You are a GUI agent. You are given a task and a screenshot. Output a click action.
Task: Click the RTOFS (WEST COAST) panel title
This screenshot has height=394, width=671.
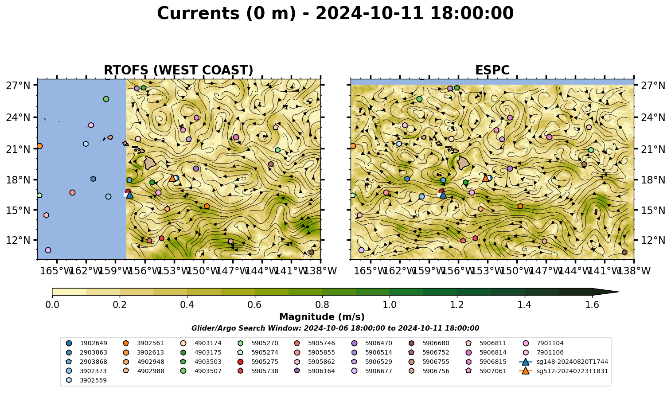tap(179, 70)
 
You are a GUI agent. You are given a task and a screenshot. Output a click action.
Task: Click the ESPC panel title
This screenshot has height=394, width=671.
tap(492, 70)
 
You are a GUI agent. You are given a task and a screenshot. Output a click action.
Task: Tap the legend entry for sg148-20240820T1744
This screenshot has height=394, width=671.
tap(563, 362)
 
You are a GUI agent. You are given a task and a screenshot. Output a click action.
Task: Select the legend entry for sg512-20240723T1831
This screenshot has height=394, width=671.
tap(563, 371)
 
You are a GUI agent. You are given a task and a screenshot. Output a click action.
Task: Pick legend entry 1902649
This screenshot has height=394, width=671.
tap(86, 343)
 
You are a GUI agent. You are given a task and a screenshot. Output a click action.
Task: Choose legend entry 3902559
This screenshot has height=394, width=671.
tap(86, 380)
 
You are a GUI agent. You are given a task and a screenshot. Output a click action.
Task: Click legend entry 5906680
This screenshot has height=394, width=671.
tap(429, 343)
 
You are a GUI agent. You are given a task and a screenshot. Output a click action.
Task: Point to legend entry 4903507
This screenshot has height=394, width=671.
tap(201, 371)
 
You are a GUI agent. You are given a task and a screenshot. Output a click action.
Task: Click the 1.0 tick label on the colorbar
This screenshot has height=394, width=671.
tap(390, 305)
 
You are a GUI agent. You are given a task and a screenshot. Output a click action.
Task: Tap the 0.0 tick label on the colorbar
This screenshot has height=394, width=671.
tap(52, 305)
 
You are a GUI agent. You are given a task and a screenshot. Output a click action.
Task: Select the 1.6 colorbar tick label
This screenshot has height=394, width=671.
tap(592, 305)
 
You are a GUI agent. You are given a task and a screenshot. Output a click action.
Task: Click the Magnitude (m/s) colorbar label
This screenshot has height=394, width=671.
tap(322, 317)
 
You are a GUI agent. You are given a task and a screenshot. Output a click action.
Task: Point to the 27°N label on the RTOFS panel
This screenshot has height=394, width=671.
tap(18, 86)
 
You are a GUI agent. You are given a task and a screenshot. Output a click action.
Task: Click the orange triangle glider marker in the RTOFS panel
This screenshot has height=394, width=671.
tap(172, 178)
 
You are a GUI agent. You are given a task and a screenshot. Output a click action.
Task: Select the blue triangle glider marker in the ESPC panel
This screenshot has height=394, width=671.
tap(443, 195)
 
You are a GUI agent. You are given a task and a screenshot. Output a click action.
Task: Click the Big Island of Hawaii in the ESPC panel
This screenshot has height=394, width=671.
tap(464, 163)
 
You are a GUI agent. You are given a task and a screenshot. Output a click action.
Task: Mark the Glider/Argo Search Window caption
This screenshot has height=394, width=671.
tap(335, 328)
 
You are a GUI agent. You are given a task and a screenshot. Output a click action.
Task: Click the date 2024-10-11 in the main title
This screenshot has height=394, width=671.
tap(370, 13)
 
